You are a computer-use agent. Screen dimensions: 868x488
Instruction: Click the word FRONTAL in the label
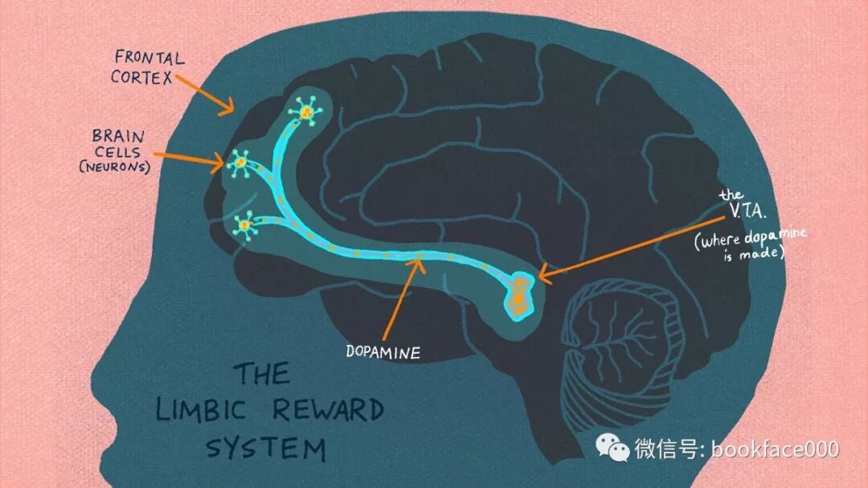(149, 57)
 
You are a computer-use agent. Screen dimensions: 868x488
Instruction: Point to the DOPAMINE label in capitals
(383, 351)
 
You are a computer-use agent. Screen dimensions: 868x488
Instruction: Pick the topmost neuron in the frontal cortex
(306, 112)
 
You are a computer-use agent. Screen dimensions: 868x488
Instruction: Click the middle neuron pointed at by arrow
(240, 163)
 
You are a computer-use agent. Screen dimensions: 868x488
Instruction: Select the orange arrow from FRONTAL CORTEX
(204, 93)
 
